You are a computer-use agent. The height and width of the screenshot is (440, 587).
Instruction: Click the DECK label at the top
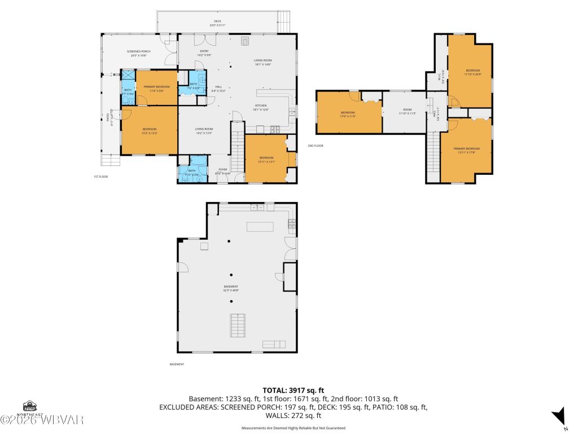click(217, 21)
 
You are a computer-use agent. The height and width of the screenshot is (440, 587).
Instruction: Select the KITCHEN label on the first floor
click(260, 105)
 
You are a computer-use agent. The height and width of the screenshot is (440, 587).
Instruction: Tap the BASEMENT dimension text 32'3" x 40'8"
click(230, 290)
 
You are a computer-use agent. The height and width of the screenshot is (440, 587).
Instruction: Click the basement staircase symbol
click(238, 325)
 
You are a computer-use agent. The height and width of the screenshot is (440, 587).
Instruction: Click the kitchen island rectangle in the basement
click(260, 227)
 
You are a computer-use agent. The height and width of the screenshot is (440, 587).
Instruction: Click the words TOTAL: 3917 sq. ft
click(293, 390)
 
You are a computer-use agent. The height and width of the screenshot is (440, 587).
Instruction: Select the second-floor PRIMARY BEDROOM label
click(466, 148)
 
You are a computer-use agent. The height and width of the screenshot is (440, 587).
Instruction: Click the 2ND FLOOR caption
click(315, 146)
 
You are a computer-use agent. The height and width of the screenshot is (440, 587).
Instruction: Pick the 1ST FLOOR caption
click(100, 177)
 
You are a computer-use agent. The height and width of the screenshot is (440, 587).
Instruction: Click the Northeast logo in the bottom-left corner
click(30, 407)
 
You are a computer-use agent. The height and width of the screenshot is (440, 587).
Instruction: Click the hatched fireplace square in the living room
click(245, 40)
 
